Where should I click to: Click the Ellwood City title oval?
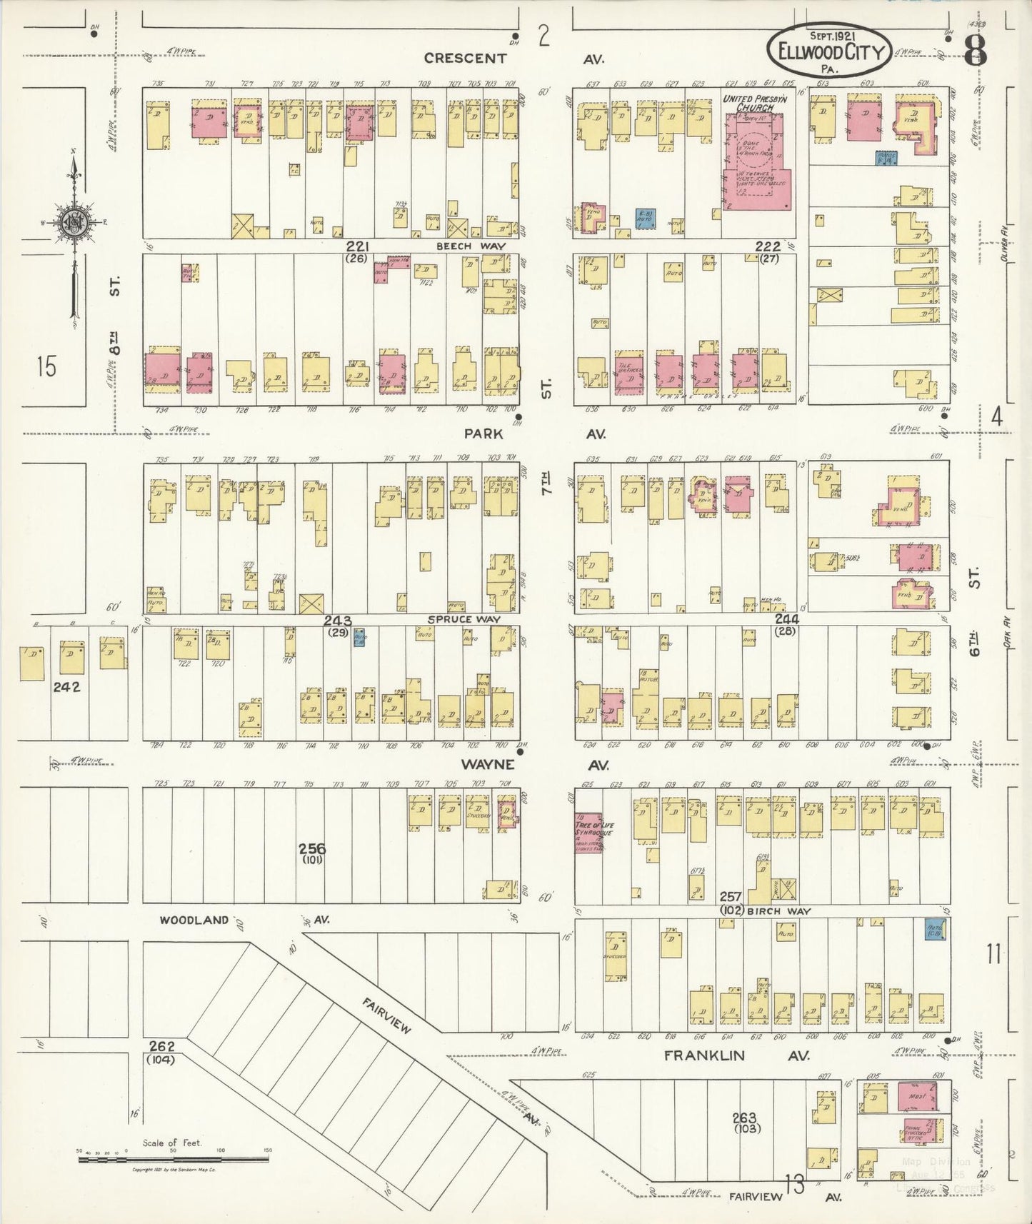[829, 51]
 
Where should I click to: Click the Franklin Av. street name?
[736, 1055]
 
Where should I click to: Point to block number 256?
[312, 848]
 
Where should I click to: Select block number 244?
[786, 618]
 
